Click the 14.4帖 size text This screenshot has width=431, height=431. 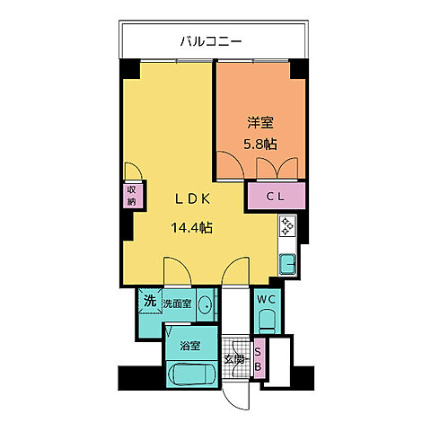tap(191, 227)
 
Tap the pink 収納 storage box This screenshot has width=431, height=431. tap(131, 195)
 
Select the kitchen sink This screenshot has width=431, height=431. tap(288, 263)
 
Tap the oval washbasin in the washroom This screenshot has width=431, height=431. tap(206, 305)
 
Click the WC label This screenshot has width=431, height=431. tap(267, 298)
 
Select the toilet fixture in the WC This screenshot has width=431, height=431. tap(266, 321)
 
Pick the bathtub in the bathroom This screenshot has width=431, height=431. tap(189, 374)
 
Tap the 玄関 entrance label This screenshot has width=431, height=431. tap(236, 359)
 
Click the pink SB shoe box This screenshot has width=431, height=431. tap(259, 360)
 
